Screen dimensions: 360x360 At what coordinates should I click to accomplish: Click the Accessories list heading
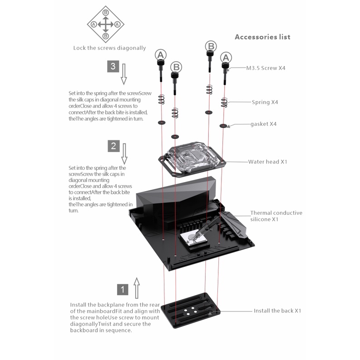pyautogui.click(x=262, y=37)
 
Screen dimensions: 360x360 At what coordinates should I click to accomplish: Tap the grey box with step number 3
pyautogui.click(x=113, y=66)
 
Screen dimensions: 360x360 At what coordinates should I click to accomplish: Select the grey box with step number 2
pyautogui.click(x=113, y=146)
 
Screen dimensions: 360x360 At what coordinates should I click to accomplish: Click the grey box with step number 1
pyautogui.click(x=123, y=289)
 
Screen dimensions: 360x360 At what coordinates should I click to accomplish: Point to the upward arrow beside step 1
pyautogui.click(x=137, y=288)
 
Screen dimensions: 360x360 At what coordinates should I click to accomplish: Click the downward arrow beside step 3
pyautogui.click(x=124, y=74)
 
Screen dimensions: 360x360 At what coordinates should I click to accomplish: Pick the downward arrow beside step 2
pyautogui.click(x=124, y=153)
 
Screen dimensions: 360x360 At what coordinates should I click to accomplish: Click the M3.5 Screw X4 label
pyautogui.click(x=266, y=68)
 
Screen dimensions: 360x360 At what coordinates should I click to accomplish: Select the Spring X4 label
pyautogui.click(x=265, y=102)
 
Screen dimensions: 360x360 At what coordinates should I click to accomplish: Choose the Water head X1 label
pyautogui.click(x=267, y=162)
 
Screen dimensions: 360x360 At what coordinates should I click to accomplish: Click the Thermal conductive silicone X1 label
pyautogui.click(x=276, y=216)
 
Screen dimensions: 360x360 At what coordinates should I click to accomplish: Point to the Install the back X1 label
pyautogui.click(x=277, y=311)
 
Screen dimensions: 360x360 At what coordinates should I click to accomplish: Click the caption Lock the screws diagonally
pyautogui.click(x=109, y=48)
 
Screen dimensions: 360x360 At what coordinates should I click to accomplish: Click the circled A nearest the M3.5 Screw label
pyautogui.click(x=226, y=57)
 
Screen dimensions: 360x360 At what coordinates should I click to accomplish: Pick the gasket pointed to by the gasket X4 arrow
pyautogui.click(x=223, y=125)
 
